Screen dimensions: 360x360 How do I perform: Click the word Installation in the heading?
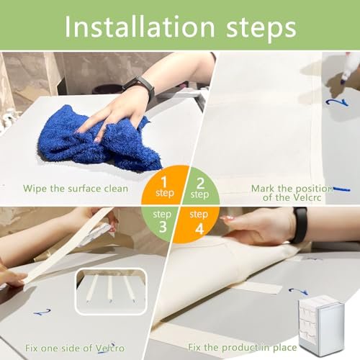[x=140, y=27]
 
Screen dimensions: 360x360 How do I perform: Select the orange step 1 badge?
[x=164, y=186]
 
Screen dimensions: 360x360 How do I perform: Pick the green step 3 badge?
[x=161, y=224]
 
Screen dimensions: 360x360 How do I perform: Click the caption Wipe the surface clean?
[x=76, y=189]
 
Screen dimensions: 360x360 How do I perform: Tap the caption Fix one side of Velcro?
[x=75, y=348]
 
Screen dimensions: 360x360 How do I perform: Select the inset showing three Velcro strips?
[x=111, y=291]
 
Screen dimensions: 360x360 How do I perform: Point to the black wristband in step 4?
[x=300, y=225]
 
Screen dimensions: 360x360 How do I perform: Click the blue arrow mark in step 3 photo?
[x=42, y=312]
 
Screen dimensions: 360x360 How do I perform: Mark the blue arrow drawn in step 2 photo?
[x=337, y=102]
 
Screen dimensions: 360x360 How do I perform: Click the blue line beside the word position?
[x=341, y=189]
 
